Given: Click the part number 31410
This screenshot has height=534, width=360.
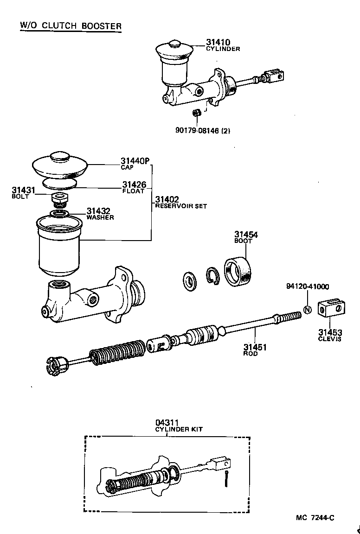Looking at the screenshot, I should click(218, 42).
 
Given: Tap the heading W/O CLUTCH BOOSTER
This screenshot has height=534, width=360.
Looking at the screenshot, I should click(71, 25).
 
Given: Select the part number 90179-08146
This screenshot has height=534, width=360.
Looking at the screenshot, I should click(203, 131).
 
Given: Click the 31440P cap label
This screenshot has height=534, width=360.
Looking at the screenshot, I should click(135, 162).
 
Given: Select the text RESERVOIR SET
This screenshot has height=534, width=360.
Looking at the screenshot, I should click(181, 206).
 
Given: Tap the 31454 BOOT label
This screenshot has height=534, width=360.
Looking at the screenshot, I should click(245, 237).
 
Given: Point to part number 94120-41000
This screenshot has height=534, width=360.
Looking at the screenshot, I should click(308, 287).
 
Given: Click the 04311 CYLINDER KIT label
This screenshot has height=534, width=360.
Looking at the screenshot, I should click(178, 425).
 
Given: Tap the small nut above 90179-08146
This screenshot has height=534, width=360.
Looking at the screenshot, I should click(196, 113).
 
